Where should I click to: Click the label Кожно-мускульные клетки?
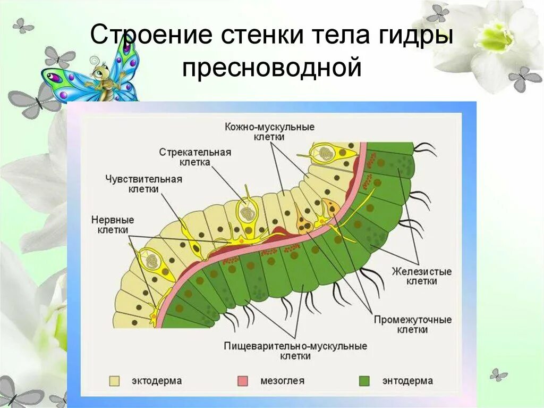269,132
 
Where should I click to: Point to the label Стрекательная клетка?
195,157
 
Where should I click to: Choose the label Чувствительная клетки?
143,184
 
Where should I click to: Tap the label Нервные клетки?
113,224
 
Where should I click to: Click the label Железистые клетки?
422,276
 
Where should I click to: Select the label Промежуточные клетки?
412,324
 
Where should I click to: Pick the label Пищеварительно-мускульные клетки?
295,351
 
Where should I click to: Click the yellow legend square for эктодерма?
114,381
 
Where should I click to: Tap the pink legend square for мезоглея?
242,381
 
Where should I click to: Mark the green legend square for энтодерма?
364,381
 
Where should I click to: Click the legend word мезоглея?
283,381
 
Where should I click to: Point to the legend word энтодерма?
407,381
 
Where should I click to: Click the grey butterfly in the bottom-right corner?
498,375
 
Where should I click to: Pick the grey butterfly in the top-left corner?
23,25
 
